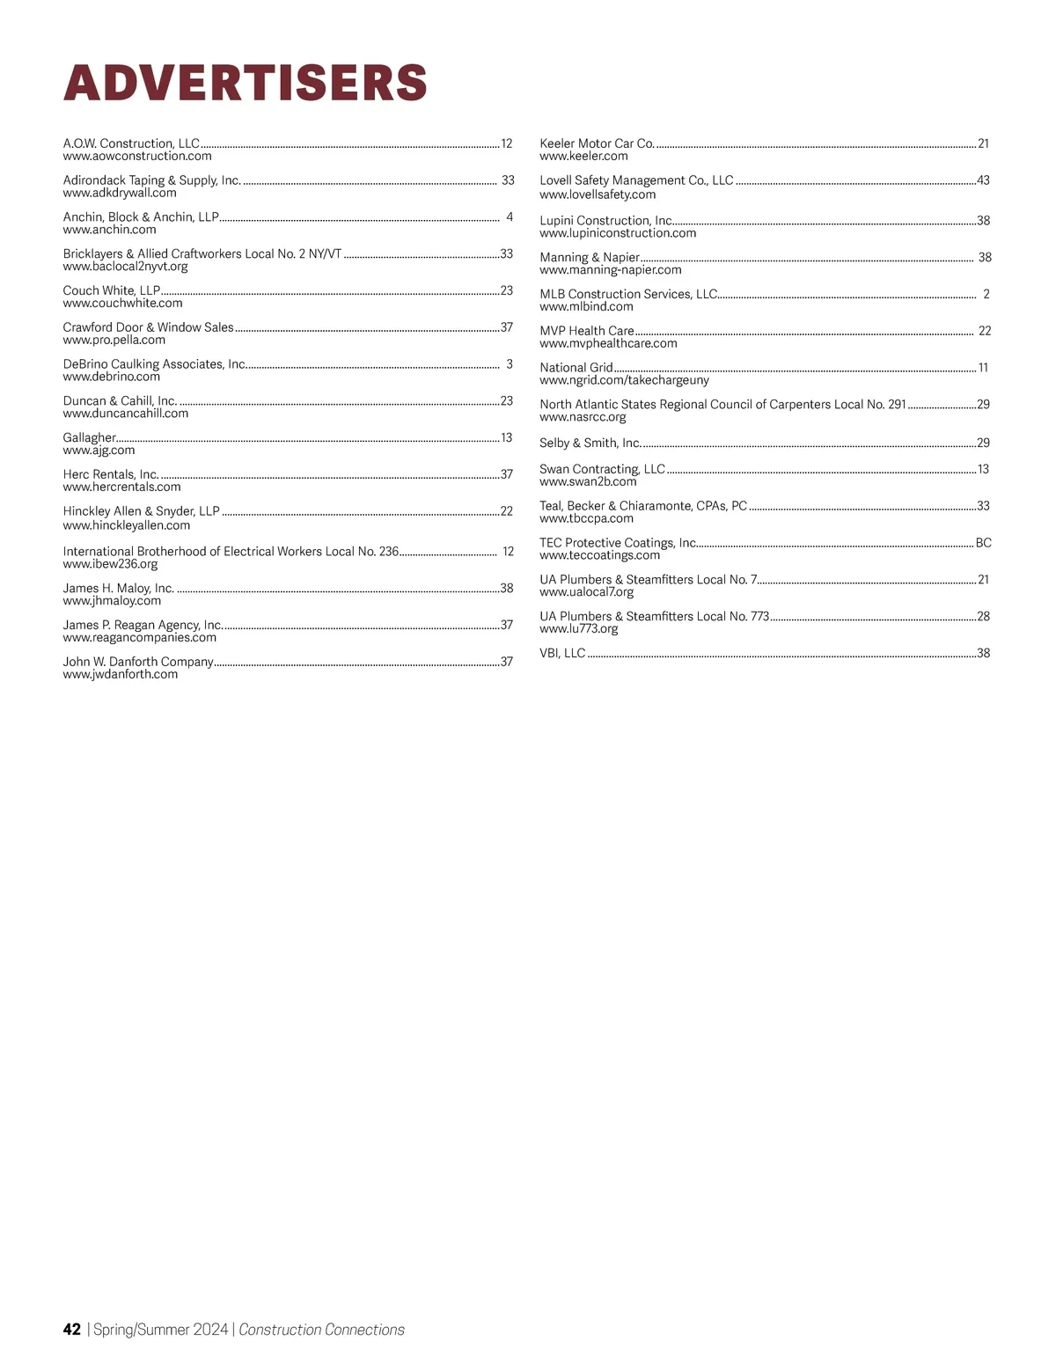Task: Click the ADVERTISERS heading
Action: click(x=245, y=83)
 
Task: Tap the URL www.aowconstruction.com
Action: click(x=137, y=157)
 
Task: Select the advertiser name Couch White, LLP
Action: click(x=112, y=290)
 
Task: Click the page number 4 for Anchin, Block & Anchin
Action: click(x=510, y=216)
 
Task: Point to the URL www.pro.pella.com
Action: click(x=114, y=340)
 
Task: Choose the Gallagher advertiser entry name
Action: click(x=89, y=437)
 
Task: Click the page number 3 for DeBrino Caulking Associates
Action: click(x=510, y=364)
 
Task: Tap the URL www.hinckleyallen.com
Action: click(x=127, y=525)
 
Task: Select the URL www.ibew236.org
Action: click(x=111, y=564)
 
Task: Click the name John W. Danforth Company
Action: click(x=138, y=662)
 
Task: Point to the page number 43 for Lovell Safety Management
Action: click(x=983, y=180)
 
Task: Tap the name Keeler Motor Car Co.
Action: click(x=597, y=143)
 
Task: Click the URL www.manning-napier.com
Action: click(x=611, y=270)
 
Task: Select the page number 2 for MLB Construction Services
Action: click(x=986, y=294)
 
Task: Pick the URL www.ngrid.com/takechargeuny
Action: click(x=624, y=380)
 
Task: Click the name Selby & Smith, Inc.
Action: click(x=590, y=443)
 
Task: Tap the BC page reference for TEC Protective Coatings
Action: click(x=983, y=543)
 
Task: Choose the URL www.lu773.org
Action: click(x=578, y=629)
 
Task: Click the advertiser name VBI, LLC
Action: click(x=562, y=653)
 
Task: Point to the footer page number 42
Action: click(x=72, y=1330)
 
